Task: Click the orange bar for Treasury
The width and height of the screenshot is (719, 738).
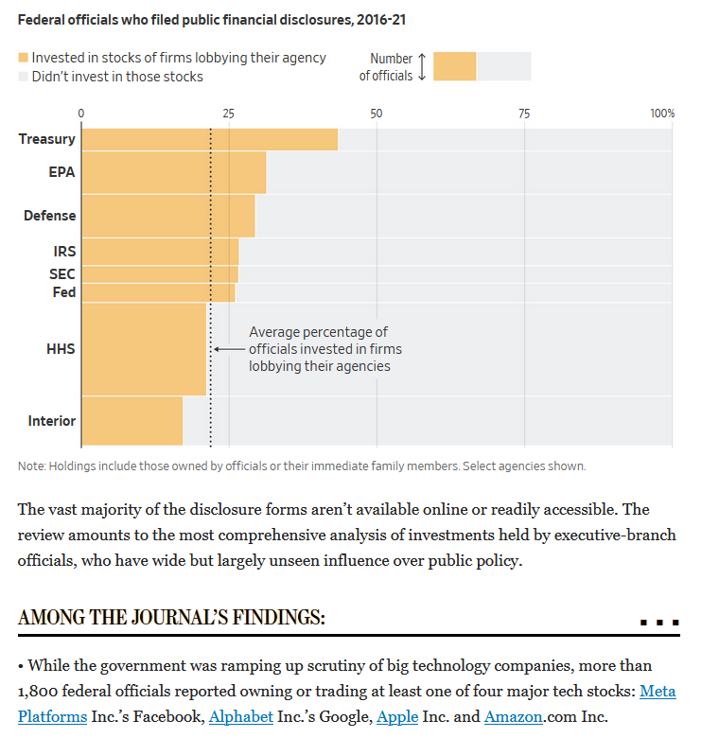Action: [x=209, y=139]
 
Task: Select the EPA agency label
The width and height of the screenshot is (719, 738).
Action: [x=62, y=172]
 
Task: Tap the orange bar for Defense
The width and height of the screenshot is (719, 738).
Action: [x=167, y=216]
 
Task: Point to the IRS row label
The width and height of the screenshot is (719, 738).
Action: [x=64, y=252]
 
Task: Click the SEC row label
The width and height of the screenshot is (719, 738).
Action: [x=62, y=273]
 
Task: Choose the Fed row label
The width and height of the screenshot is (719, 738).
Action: [x=63, y=292]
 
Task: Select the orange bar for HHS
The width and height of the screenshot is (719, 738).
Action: [x=144, y=349]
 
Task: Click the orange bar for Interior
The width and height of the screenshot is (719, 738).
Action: [x=132, y=421]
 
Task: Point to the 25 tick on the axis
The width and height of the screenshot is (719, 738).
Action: [x=229, y=114]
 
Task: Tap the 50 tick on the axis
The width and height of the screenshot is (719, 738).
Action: [x=377, y=114]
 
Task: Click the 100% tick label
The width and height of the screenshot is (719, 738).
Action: [x=662, y=114]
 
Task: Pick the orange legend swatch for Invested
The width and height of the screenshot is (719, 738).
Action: [x=24, y=58]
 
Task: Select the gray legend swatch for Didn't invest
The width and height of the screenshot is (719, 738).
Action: [x=24, y=77]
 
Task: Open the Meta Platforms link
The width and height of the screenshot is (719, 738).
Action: [x=658, y=692]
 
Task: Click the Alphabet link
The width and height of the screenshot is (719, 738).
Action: [x=240, y=716]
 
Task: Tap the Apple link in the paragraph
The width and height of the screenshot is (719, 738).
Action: [x=397, y=716]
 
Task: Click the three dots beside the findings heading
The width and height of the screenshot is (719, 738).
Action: [x=659, y=623]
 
